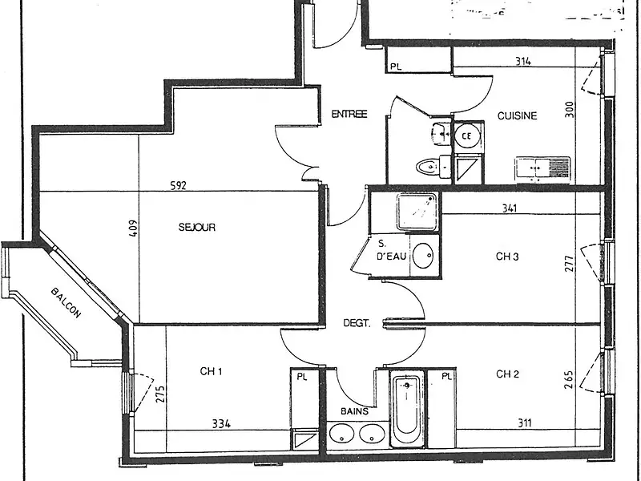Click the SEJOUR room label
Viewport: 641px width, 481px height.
click(197, 228)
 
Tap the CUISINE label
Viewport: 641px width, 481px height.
click(517, 115)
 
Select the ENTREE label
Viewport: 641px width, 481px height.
click(349, 115)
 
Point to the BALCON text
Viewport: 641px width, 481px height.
click(66, 303)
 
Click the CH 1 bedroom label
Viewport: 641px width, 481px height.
click(211, 371)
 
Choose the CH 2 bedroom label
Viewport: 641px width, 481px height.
click(508, 374)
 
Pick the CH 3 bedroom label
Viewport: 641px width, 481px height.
click(508, 257)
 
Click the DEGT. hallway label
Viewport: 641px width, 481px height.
click(356, 324)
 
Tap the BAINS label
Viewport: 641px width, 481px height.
click(356, 411)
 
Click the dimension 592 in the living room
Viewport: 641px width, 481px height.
click(178, 186)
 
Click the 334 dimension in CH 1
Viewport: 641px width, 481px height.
click(221, 424)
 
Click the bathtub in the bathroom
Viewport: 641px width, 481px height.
click(406, 410)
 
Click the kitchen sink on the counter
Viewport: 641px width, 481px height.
click(541, 168)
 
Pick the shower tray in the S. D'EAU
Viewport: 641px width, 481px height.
click(416, 211)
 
